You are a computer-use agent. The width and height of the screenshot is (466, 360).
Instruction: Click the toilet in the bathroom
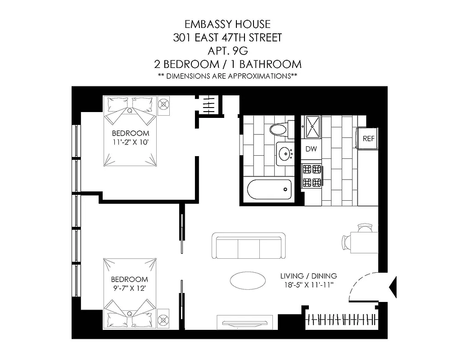[278, 130]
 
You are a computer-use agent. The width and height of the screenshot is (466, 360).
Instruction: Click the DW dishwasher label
[311, 149]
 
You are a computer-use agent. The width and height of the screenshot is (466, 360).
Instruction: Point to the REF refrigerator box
[368, 139]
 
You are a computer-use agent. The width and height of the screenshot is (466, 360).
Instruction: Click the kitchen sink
[312, 126]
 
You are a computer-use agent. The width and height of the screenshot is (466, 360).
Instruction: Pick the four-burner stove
[312, 176]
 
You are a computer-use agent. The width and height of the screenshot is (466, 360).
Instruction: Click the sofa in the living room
[249, 246]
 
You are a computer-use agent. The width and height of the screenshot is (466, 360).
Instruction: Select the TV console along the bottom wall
[245, 322]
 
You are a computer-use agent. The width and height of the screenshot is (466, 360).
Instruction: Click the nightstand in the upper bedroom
[164, 103]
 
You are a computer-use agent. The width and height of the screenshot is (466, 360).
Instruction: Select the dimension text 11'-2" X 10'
[130, 142]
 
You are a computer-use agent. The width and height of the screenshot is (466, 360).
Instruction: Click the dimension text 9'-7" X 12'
[130, 288]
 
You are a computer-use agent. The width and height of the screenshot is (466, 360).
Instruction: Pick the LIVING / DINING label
[308, 276]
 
